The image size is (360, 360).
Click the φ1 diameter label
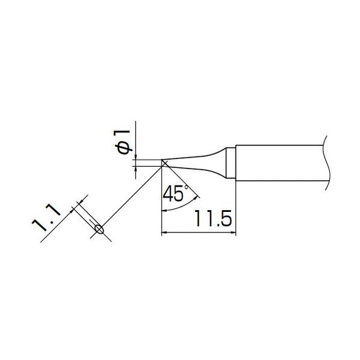click(x=123, y=142)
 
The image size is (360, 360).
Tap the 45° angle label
click(x=176, y=193)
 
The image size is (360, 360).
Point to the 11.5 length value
click(x=213, y=219)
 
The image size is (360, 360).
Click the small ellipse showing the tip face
click(x=99, y=229)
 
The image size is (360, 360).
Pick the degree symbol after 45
click(x=186, y=187)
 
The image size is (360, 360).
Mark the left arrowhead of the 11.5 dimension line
click(x=164, y=233)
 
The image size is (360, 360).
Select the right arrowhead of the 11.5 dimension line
click(x=233, y=233)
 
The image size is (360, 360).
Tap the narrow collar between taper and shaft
click(x=231, y=163)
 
